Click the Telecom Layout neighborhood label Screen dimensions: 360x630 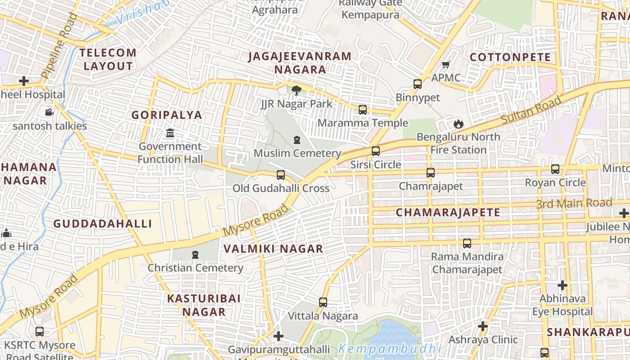pos(108,59)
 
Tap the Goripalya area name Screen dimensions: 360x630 pos(166,115)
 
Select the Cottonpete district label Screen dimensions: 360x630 pos(510,57)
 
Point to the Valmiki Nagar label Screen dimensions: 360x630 pos(273,248)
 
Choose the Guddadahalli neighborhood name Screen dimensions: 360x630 pos(103,224)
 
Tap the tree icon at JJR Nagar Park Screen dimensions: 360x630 pos(297,90)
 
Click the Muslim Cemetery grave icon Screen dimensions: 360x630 pos(297,140)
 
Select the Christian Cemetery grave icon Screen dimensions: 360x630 pos(195,255)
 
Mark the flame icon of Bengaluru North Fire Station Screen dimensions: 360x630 pos(458,123)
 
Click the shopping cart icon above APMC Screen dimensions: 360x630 pos(446,65)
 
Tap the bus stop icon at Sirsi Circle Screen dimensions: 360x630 pos(376,151)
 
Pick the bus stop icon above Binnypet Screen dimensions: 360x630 pos(418,84)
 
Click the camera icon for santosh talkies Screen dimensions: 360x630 pos(49,112)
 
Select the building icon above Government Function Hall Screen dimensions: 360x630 pos(170,133)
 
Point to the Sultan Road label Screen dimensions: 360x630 pos(531,110)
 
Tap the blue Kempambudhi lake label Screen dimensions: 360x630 pos(390,349)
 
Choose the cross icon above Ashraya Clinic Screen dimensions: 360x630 pos(483,326)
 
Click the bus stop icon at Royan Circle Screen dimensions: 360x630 pos(555,169)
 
